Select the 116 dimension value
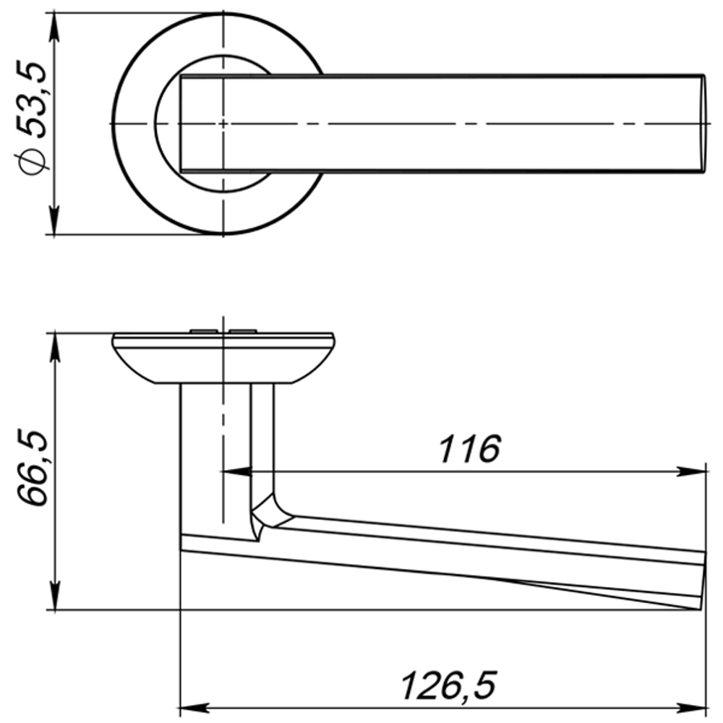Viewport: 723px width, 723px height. (469, 449)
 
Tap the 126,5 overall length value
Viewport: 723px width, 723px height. (449, 686)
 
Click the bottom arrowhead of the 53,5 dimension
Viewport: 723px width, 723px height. (55, 220)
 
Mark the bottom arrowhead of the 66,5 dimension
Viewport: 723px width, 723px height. (55, 595)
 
